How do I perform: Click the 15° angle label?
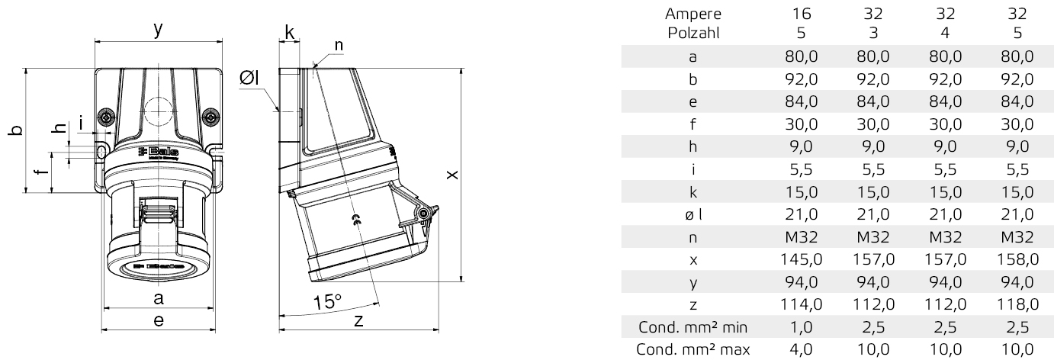point(326,302)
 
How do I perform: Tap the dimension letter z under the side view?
point(358,321)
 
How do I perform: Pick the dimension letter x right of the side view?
point(453,175)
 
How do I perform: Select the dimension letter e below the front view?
point(158,321)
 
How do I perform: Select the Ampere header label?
point(692,14)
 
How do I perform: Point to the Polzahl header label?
point(692,33)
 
